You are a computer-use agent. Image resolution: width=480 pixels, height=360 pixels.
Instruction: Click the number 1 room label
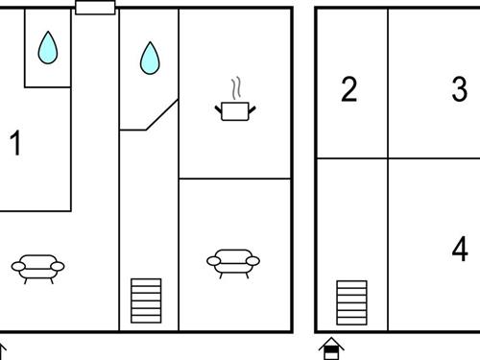tap(15, 143)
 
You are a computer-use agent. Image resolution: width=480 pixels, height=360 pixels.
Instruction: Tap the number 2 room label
tap(348, 89)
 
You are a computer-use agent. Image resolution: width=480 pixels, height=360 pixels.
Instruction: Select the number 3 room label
tap(460, 89)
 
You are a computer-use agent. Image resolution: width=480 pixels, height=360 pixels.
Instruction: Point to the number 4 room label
tap(460, 249)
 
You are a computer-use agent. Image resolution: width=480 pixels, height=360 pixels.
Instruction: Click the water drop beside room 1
tap(48, 48)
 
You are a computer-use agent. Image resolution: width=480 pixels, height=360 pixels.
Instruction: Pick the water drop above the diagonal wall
tap(150, 58)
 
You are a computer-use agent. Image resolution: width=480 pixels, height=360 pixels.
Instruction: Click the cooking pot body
tap(235, 111)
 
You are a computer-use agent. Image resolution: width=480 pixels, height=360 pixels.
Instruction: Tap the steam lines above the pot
tap(236, 87)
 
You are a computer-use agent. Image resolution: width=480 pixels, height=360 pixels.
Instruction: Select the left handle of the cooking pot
tap(218, 109)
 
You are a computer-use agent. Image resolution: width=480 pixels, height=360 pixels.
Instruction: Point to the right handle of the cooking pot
tap(252, 109)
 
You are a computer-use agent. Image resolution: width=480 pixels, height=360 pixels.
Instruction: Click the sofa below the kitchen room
tap(233, 264)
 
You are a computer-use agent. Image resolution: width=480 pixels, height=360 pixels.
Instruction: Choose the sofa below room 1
tap(37, 269)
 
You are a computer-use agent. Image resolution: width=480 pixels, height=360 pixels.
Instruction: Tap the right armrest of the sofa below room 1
tap(58, 266)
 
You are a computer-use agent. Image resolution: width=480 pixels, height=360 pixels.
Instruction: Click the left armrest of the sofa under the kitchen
tap(213, 261)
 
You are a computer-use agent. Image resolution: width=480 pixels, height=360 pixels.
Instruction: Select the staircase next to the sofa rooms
tap(146, 300)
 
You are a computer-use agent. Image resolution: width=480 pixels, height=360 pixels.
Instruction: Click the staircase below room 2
tap(351, 302)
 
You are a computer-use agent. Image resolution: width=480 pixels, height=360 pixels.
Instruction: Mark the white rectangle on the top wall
tap(95, 8)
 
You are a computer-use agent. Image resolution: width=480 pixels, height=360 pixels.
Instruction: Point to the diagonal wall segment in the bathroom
tap(162, 114)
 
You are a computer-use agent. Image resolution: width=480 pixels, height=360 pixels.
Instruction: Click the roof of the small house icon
tap(331, 343)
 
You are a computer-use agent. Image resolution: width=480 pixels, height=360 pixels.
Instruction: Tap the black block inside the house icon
tap(331, 349)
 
